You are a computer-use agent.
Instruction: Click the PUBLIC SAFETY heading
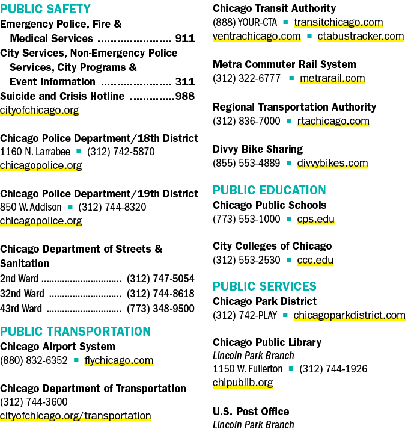click(x=45, y=9)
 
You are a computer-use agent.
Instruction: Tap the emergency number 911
click(x=185, y=39)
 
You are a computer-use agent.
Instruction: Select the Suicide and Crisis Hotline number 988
click(x=185, y=96)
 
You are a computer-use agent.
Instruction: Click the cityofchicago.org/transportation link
click(x=76, y=416)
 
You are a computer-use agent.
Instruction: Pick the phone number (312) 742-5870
click(x=121, y=152)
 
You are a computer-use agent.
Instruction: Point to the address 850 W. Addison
click(x=31, y=207)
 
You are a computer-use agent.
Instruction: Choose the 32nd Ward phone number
click(x=160, y=294)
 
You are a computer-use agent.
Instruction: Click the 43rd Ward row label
click(x=21, y=309)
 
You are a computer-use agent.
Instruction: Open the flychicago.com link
click(x=119, y=360)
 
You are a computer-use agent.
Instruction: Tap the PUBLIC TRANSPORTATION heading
click(x=75, y=332)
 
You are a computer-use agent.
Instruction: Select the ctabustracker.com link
click(x=361, y=36)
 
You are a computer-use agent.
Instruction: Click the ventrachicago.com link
click(x=257, y=36)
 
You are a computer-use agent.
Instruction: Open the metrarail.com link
click(x=332, y=78)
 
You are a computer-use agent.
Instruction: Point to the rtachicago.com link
click(x=333, y=121)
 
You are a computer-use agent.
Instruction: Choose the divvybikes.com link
click(x=332, y=163)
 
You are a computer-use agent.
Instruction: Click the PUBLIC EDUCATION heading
click(x=269, y=190)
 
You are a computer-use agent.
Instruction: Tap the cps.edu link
click(x=316, y=219)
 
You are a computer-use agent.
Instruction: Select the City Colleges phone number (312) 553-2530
click(x=246, y=260)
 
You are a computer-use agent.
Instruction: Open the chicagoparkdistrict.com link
click(x=350, y=315)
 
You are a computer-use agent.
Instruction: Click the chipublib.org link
click(x=243, y=383)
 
